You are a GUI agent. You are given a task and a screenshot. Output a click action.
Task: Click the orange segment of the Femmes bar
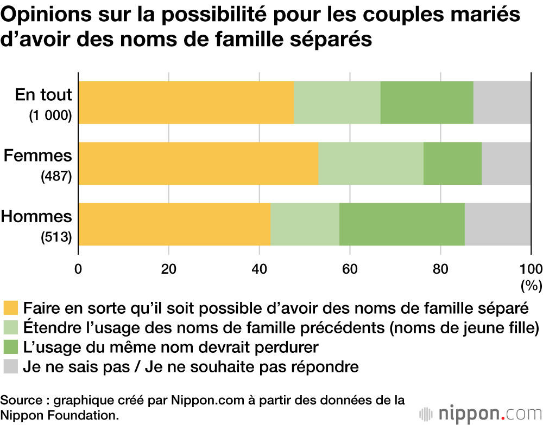[x=198, y=164]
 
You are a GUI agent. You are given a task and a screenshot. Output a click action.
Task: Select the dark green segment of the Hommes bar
[x=402, y=224]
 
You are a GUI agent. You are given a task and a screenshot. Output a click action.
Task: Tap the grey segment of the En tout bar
[x=502, y=103]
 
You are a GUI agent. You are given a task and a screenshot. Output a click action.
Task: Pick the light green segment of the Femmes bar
[x=370, y=164]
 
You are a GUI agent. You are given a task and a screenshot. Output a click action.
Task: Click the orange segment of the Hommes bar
[x=174, y=224]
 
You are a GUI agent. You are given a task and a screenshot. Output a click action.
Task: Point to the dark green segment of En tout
[x=427, y=103]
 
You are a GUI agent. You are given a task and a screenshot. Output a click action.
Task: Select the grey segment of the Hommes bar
[x=497, y=224]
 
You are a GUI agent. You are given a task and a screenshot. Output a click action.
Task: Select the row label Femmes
[x=37, y=156]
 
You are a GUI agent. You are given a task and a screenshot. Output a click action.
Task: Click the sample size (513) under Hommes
[x=56, y=237]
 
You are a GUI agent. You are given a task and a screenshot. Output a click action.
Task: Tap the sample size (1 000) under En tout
[x=50, y=115]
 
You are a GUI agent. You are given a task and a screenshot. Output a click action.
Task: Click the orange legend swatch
[x=11, y=308]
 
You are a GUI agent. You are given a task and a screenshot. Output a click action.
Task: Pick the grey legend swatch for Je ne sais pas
[x=11, y=367]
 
